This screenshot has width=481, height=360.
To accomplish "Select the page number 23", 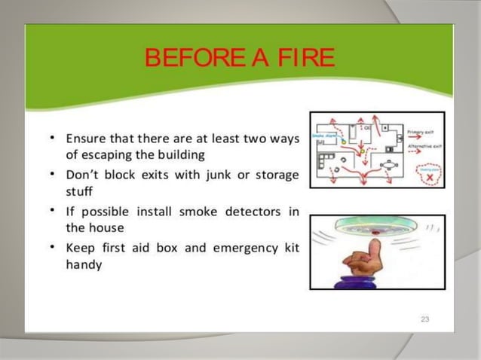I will click(424, 320).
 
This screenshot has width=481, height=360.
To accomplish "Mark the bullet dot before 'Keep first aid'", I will click(50, 246).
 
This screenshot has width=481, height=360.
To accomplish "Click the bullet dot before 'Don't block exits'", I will click(50, 175).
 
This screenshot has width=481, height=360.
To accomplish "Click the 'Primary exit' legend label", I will click(424, 132).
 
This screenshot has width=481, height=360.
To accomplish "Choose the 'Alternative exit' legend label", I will click(425, 146).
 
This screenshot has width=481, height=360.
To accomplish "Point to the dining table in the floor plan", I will click(390, 165).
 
